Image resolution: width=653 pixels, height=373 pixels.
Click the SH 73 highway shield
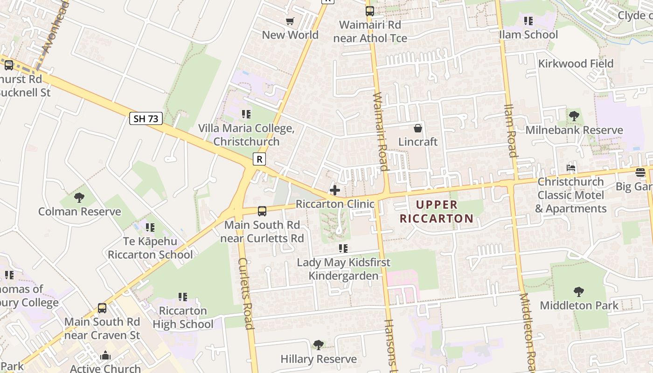[x=146, y=118]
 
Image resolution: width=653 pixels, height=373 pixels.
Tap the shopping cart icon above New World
[x=290, y=21]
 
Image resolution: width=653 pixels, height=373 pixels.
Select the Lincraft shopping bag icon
[x=418, y=128]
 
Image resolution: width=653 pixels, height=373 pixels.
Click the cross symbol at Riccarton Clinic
[x=335, y=190]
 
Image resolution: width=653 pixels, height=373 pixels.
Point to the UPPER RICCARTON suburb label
[x=437, y=211]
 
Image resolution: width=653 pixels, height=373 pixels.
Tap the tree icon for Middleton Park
[x=579, y=292]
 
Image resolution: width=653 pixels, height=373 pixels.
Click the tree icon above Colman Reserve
[x=79, y=198]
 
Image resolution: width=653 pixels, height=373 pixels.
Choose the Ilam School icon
[x=528, y=21]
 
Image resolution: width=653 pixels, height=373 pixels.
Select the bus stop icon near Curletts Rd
[x=262, y=211]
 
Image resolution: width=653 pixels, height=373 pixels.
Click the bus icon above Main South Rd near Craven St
[x=102, y=308]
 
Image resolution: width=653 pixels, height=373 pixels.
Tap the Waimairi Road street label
[x=381, y=131]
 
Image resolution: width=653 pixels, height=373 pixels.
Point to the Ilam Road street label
[x=511, y=131]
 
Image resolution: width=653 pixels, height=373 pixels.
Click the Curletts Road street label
[x=246, y=293]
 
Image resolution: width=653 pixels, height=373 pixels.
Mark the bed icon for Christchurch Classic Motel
[x=571, y=168]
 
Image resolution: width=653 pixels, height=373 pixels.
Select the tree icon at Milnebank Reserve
[x=574, y=116]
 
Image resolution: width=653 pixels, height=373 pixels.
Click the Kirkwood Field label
[x=576, y=63]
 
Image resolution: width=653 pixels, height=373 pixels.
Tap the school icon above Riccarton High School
[x=183, y=297]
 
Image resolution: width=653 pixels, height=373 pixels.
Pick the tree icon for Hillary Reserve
[x=319, y=345]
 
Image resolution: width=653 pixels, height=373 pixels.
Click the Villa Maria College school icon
[x=246, y=114]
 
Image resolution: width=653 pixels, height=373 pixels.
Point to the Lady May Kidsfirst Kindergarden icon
[x=343, y=248]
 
